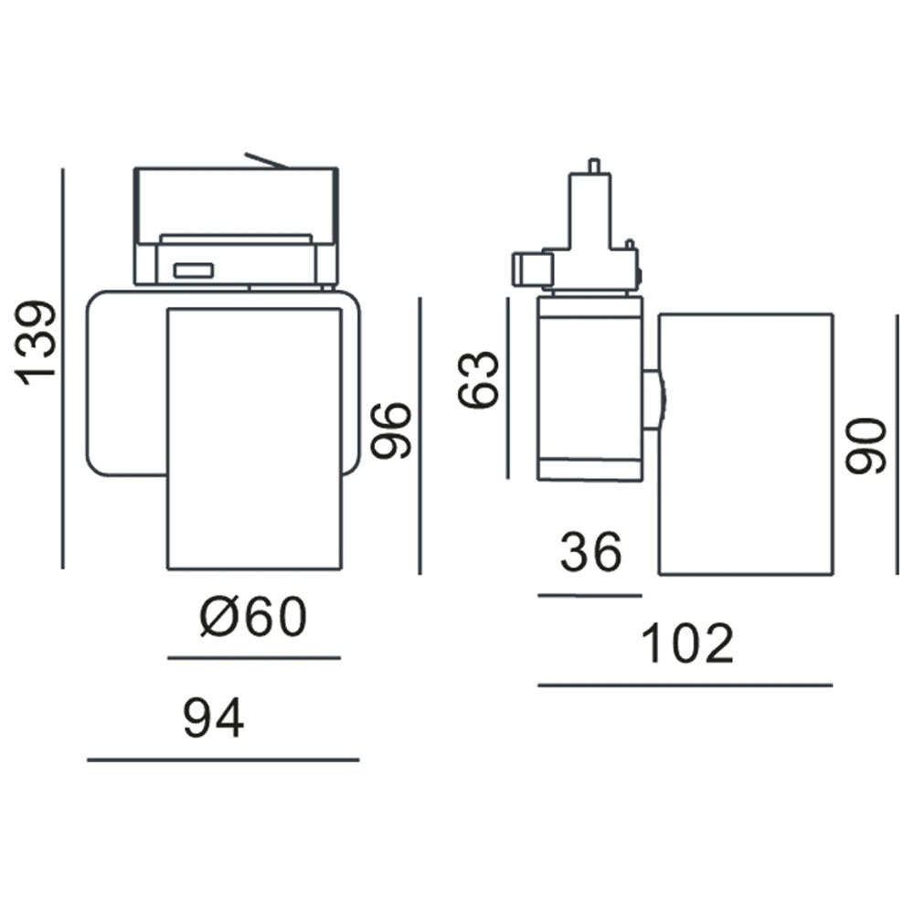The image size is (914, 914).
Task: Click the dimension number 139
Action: [39, 342]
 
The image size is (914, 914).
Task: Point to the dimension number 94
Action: [214, 718]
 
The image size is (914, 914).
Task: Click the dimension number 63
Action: [480, 379]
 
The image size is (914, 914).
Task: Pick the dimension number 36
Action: [590, 552]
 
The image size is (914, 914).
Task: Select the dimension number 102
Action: [687, 643]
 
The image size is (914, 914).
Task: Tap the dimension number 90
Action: [866, 445]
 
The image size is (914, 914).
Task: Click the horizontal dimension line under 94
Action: [223, 760]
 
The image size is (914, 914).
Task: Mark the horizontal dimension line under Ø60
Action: [254, 657]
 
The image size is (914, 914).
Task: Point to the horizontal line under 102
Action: [685, 685]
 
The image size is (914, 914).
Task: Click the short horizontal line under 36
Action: [590, 595]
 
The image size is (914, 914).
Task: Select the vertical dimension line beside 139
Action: [63, 366]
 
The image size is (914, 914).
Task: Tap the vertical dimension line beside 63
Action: [507, 388]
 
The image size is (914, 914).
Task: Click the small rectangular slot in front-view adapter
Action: [194, 271]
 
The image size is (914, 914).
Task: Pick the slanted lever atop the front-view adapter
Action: [266, 161]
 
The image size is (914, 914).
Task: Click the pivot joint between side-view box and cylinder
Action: [653, 399]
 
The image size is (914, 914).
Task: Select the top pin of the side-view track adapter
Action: [594, 165]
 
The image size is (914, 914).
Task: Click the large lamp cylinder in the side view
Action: [745, 443]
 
